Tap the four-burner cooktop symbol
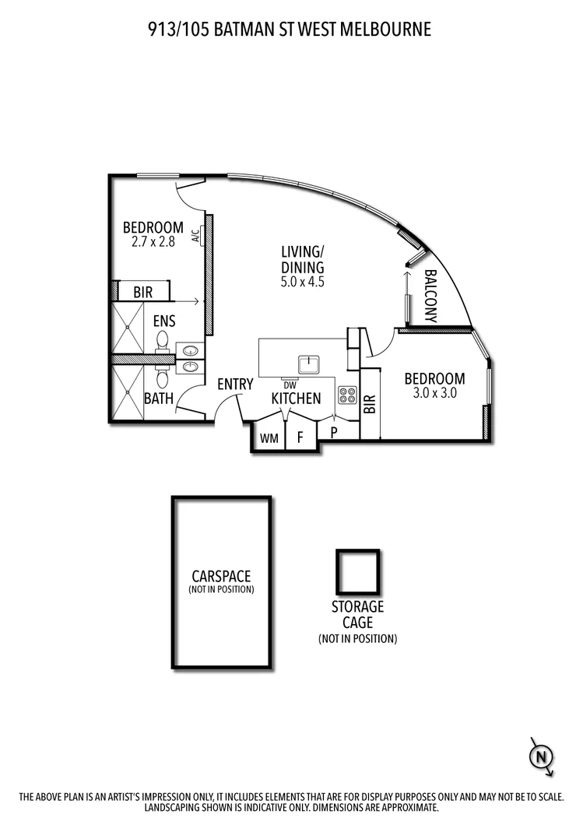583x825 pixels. [347, 395]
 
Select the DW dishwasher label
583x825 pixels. [290, 384]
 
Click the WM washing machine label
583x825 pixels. [269, 439]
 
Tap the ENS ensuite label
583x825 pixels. [164, 321]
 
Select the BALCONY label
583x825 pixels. [429, 297]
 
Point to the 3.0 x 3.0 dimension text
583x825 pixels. [434, 394]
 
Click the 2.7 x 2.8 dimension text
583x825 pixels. [153, 242]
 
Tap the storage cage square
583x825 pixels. [358, 572]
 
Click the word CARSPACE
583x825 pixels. [221, 577]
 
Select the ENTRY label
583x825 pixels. [235, 384]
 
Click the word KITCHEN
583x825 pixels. [296, 398]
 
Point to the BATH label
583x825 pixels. [159, 398]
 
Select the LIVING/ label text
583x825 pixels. [302, 251]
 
